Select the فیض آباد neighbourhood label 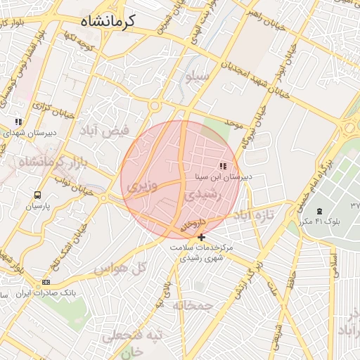coord(105,131)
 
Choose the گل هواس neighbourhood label coord(120,268)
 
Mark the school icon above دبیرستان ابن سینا coord(223,167)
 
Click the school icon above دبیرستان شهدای coord(18,122)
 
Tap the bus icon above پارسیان coord(37,195)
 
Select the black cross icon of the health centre coord(202,238)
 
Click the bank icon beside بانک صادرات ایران coord(46,282)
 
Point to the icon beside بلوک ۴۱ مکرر coord(320,212)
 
